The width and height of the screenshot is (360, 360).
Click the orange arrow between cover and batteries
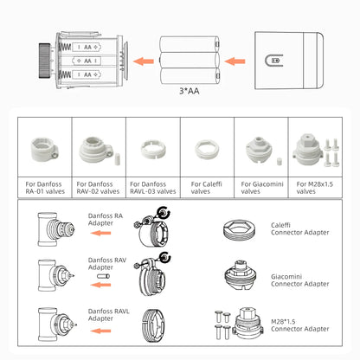click(x=233, y=61)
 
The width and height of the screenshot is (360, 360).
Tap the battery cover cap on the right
click(x=283, y=59)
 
